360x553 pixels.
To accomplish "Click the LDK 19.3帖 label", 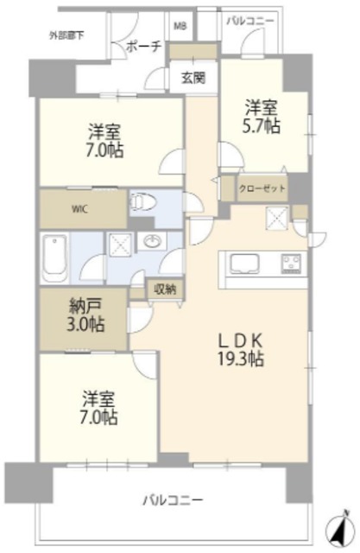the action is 241,350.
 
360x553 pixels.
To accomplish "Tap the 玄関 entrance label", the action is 193,78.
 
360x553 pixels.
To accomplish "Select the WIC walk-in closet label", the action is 80,209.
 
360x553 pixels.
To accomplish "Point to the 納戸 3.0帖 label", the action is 85,315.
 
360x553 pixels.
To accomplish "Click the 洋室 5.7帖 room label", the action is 262,117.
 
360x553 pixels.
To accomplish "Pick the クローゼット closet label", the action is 262,188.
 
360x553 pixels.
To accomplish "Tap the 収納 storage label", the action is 165,289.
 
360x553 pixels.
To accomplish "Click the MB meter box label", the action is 181,26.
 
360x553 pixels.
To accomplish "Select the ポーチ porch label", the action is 143,46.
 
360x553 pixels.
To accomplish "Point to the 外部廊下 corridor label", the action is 66,35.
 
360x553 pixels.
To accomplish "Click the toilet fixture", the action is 142,202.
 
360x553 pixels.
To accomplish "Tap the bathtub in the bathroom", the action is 54,257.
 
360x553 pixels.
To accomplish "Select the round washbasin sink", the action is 152,242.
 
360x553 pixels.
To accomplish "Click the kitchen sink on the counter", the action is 245,264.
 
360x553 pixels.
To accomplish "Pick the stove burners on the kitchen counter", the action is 291,264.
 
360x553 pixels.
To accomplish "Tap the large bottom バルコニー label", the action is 173,499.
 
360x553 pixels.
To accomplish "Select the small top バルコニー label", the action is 250,21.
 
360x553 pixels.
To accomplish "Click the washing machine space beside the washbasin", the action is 119,245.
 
